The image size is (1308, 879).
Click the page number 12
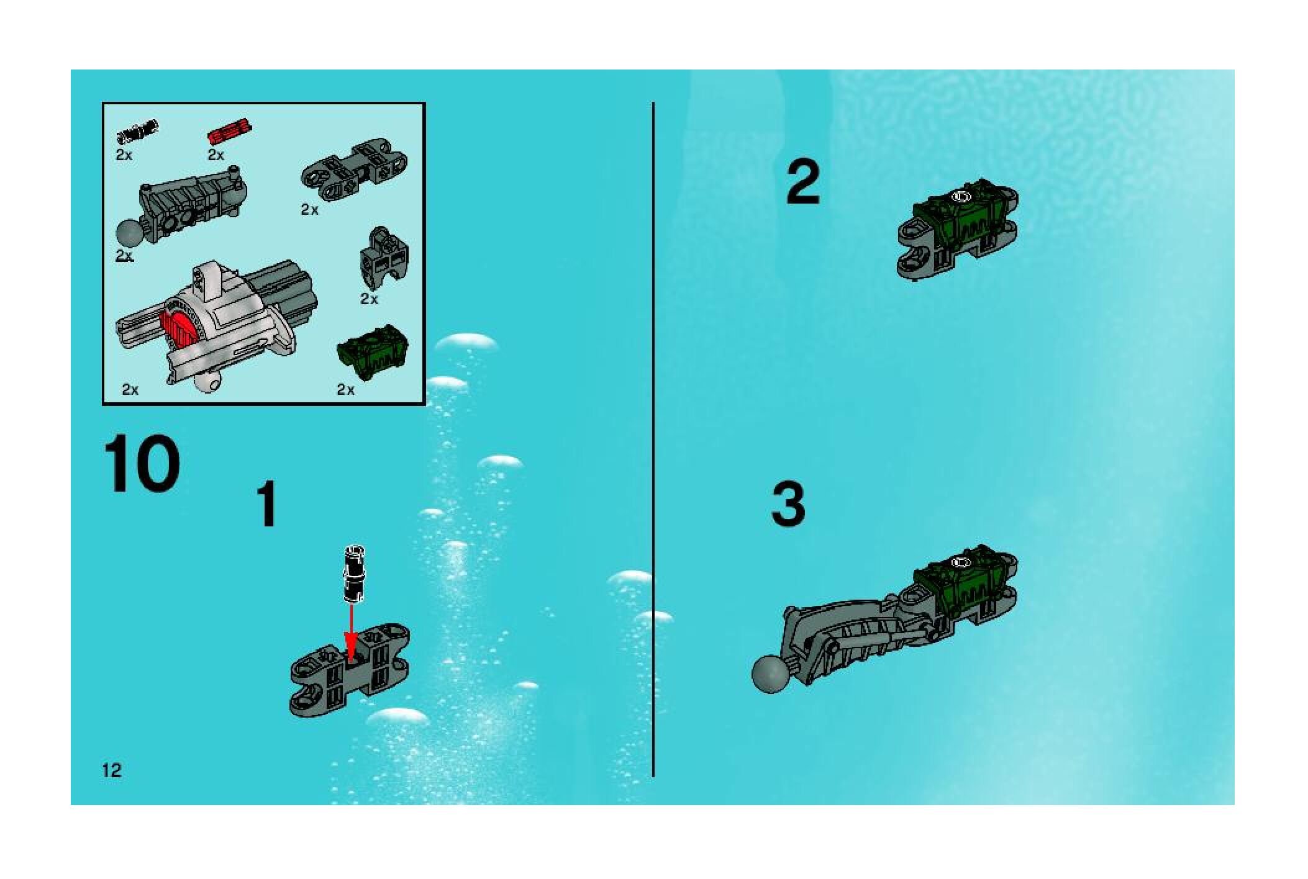click(x=112, y=771)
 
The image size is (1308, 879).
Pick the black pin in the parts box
click(x=137, y=131)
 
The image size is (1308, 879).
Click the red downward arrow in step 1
click(x=352, y=634)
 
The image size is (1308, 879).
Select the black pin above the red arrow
click(x=355, y=573)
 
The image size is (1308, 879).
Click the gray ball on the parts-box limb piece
click(x=130, y=235)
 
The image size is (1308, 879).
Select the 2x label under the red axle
click(x=216, y=155)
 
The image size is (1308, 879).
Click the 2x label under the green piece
click(x=345, y=389)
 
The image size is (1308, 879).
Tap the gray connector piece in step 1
click(x=350, y=670)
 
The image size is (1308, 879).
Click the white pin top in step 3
click(x=961, y=562)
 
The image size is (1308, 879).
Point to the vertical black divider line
click(x=653, y=439)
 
